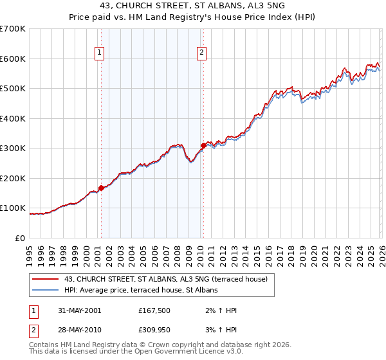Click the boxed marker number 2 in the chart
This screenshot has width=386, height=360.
202,53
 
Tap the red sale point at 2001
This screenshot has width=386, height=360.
101,188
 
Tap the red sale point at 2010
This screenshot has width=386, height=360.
203,145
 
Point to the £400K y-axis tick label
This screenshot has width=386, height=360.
13,118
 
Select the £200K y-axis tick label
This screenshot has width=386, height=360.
13,178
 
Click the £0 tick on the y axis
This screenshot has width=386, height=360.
20,238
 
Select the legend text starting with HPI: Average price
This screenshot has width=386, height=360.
141,291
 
